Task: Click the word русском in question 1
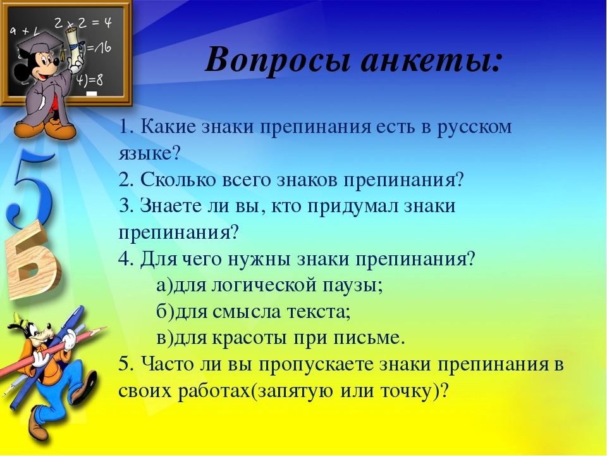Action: click(475, 127)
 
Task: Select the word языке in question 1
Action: click(145, 153)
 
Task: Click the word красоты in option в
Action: click(250, 338)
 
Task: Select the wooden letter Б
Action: click(32, 259)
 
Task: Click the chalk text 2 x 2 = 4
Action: click(82, 23)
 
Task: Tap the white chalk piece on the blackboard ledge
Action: click(91, 94)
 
